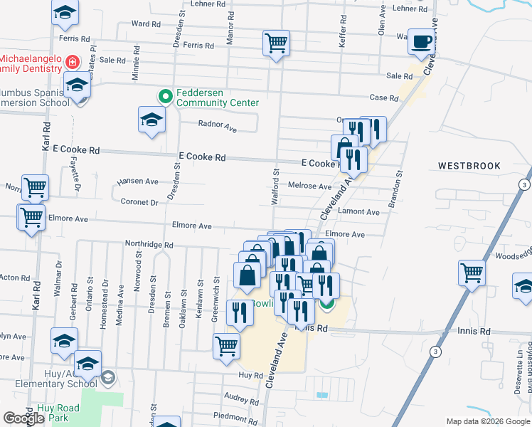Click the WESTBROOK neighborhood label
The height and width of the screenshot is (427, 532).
(x=469, y=166)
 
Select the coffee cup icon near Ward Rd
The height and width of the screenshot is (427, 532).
(x=420, y=42)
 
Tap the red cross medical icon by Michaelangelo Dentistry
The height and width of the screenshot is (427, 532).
(x=72, y=63)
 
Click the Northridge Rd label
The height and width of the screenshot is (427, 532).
(x=149, y=245)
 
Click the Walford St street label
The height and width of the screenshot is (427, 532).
(x=275, y=187)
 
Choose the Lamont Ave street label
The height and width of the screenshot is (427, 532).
(x=359, y=212)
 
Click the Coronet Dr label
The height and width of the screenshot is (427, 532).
(x=139, y=202)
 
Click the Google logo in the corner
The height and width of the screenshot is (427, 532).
(x=24, y=418)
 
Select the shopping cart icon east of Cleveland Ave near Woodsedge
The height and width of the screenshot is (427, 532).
(x=472, y=272)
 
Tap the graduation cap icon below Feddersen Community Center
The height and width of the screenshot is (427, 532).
(x=151, y=118)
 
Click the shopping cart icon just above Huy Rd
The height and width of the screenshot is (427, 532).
(x=226, y=346)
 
